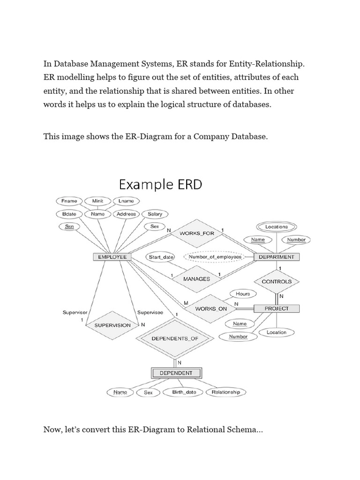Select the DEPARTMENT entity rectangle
[x=276, y=257]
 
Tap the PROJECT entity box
[x=277, y=308]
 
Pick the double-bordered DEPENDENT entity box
[x=176, y=373]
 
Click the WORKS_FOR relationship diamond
[x=196, y=233]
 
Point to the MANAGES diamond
[x=196, y=278]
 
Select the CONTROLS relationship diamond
[x=277, y=282]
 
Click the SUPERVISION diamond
[x=112, y=325]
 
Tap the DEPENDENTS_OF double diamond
[x=176, y=338]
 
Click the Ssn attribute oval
[x=70, y=226]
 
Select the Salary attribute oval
[x=155, y=214]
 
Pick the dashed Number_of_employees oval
[x=215, y=257]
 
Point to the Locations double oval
[x=277, y=226]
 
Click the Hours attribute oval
[x=243, y=294]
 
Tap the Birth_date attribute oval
[x=184, y=392]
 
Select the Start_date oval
[x=161, y=257]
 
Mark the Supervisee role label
[x=150, y=312]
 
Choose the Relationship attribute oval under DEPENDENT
[x=225, y=392]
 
